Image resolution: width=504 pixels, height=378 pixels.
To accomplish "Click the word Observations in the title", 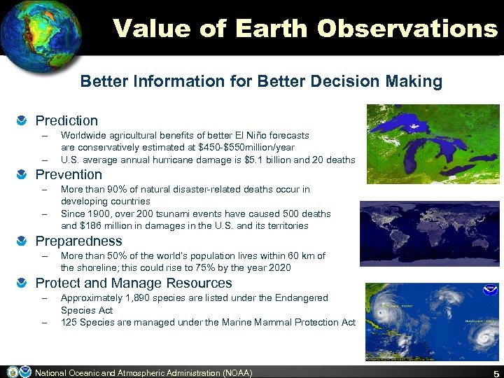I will tap(407, 28).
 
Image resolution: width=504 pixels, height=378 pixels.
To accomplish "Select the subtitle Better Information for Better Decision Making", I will tap(261, 81).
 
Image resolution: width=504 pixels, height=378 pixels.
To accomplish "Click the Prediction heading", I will tap(66, 120).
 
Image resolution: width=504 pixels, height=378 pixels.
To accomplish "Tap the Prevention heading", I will tap(69, 174).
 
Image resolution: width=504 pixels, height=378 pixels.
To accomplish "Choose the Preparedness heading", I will tap(78, 241).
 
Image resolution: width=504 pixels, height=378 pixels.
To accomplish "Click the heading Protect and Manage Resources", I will tap(134, 283).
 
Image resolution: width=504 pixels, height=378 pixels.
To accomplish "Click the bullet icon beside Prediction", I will tap(24, 121).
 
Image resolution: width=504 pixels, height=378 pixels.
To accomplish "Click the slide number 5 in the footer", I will tap(494, 372).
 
